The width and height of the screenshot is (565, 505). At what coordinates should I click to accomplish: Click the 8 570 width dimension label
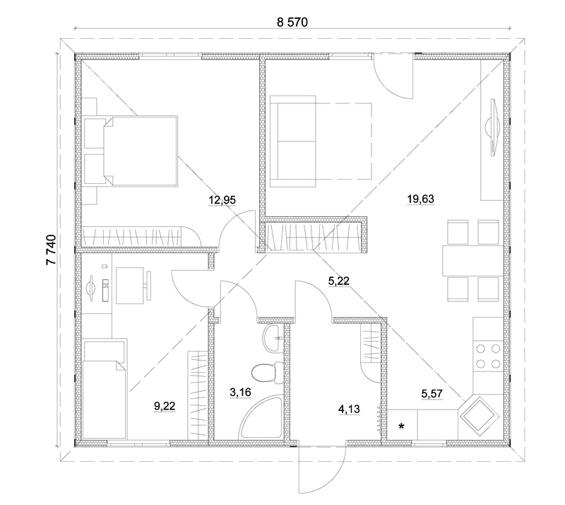coord(292,23)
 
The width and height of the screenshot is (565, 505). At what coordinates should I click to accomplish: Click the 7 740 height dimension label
coord(52,250)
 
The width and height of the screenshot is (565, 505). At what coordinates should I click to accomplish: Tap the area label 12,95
coord(222,199)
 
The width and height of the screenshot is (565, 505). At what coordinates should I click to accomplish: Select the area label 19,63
coord(420,199)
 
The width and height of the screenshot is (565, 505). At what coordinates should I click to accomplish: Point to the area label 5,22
coord(339,281)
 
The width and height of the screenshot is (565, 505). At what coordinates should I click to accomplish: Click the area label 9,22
coord(165,406)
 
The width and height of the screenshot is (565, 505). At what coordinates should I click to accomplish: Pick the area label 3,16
coord(240,392)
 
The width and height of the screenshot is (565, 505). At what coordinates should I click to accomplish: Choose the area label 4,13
coord(349,410)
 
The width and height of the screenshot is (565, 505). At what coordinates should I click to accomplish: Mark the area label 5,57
coord(432,394)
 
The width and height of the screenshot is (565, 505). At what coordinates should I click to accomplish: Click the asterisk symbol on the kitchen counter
coord(401,426)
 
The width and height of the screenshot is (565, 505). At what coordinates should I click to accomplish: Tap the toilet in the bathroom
coord(267,372)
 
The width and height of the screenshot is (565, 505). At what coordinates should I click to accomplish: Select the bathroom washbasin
coord(273,337)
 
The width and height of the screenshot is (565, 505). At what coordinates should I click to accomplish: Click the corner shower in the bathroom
coord(261,417)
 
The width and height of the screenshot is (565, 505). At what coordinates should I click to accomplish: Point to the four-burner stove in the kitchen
coord(488,356)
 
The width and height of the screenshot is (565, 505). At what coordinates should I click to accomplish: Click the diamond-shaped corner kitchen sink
coord(478,414)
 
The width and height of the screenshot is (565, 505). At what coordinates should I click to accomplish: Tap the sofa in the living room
coord(292,141)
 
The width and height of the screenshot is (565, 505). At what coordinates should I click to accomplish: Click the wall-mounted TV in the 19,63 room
coord(492,127)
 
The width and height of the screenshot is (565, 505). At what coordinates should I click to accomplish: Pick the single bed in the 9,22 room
coord(105,389)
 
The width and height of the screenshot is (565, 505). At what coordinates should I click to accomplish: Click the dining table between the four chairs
coord(473,260)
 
